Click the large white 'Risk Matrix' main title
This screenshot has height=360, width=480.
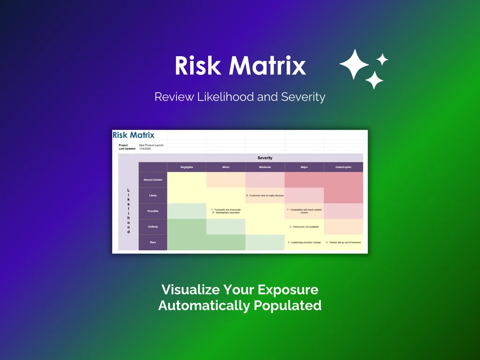[240, 66]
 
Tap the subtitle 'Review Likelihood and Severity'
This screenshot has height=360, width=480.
[240, 97]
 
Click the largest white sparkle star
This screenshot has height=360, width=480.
[354, 64]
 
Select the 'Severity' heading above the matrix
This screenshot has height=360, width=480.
[265, 158]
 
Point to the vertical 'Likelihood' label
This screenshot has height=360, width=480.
[128, 211]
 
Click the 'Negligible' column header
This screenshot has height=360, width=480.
[187, 167]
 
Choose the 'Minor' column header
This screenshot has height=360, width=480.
[225, 167]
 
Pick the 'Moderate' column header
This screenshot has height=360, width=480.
[265, 167]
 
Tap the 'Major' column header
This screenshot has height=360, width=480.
[304, 167]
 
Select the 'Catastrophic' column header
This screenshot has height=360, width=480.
[343, 167]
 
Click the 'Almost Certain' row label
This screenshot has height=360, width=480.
[153, 180]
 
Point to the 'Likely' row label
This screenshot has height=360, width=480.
[153, 195]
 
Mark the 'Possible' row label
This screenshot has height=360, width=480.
[153, 211]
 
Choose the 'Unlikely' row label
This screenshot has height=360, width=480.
[153, 227]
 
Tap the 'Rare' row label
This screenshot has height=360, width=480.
[153, 242]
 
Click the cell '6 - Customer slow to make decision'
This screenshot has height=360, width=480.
[265, 195]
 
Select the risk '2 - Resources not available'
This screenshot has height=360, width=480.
[304, 227]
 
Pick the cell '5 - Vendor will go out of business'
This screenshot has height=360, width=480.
[343, 242]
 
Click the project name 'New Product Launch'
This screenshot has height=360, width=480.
[151, 145]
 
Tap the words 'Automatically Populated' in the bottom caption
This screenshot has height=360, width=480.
[240, 306]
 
